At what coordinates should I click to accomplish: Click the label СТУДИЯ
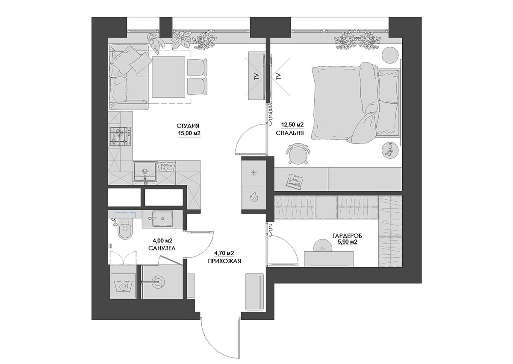(x=188, y=126)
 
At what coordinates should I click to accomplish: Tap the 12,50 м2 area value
(x=292, y=125)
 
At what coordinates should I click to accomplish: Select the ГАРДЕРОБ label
(x=348, y=236)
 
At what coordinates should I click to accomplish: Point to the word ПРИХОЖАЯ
(x=224, y=261)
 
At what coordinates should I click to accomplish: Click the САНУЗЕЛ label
(x=162, y=248)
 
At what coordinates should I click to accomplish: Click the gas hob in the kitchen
(x=120, y=136)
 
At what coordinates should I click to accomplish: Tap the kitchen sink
(x=145, y=172)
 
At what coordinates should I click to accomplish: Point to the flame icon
(x=254, y=197)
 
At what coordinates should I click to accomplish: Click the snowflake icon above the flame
(x=254, y=173)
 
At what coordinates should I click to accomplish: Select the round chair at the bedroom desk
(x=298, y=154)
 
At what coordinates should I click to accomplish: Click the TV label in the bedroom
(x=279, y=76)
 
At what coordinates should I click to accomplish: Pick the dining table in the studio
(x=168, y=77)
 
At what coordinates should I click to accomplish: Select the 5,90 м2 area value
(x=348, y=242)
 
